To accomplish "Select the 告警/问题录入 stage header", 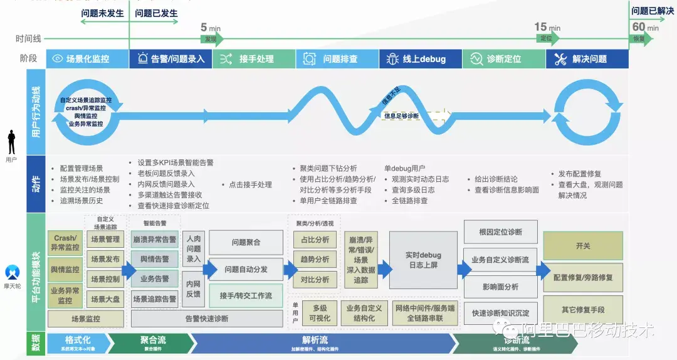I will [x=171, y=59].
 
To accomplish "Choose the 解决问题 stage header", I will [x=587, y=59].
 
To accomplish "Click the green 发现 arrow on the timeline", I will [x=211, y=39].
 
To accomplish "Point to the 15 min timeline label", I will [x=547, y=27].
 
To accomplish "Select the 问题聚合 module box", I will [x=246, y=242].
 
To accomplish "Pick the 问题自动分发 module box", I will [x=246, y=269].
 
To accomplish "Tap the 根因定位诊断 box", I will [x=500, y=232].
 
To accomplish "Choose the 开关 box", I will [x=583, y=246].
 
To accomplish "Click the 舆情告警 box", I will [x=155, y=259].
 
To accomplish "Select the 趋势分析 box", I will [x=315, y=259].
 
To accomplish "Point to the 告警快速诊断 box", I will [x=207, y=319].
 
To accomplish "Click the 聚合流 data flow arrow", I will [x=152, y=342].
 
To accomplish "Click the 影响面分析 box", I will [x=500, y=287].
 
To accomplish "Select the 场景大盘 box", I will [x=105, y=299].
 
